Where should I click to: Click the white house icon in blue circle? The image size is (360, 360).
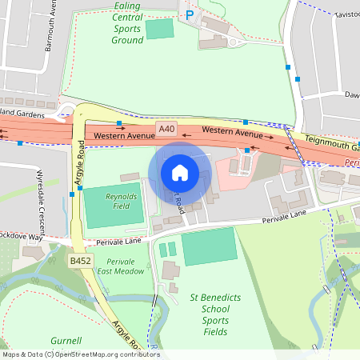click(180, 172)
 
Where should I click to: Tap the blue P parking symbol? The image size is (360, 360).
click(190, 14)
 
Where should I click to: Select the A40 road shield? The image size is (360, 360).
click(166, 129)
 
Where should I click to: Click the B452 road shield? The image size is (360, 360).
click(80, 261)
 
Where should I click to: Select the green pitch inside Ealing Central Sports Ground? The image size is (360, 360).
click(159, 30)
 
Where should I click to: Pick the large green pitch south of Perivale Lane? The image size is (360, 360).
click(210, 246)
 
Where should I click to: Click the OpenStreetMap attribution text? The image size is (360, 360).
click(81, 354)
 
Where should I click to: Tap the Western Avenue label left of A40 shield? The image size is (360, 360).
click(123, 137)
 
